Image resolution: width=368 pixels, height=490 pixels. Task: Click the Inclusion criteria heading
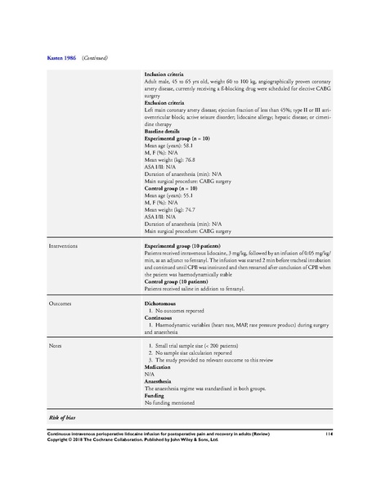pos(166,74)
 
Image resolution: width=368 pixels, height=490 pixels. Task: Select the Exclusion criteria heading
pos(167,102)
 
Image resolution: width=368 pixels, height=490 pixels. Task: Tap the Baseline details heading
pos(164,131)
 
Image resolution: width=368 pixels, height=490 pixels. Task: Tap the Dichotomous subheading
pos(163,303)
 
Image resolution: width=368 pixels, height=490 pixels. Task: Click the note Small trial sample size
pos(193,347)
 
